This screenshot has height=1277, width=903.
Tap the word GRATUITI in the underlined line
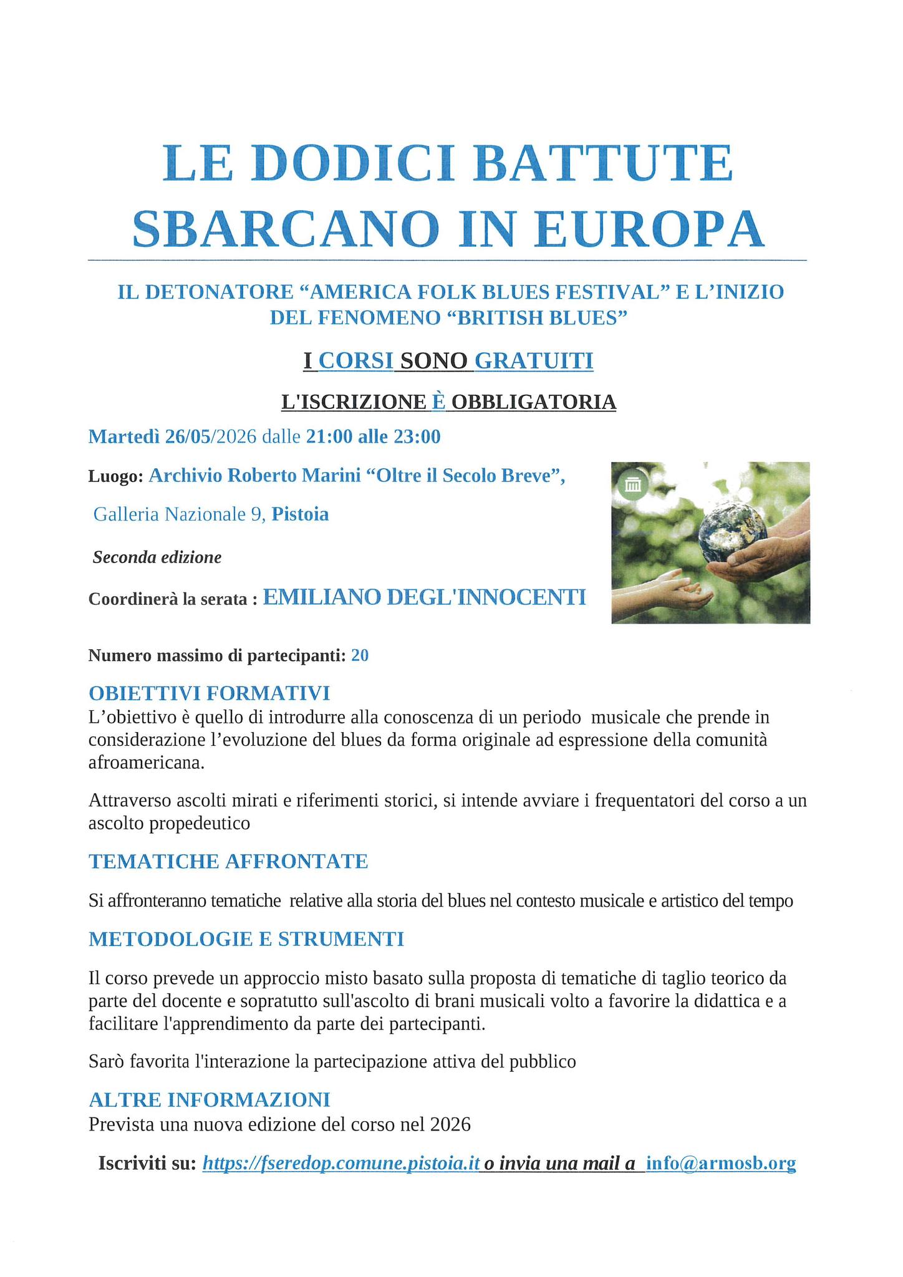click(x=534, y=361)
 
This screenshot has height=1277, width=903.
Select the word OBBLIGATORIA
click(x=534, y=402)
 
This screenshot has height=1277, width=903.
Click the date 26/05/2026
click(x=211, y=436)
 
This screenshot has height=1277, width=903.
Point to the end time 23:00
click(x=417, y=436)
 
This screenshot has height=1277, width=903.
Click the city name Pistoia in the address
click(x=300, y=514)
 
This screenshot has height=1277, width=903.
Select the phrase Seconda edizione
click(x=157, y=557)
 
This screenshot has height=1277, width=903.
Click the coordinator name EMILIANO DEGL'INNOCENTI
click(x=425, y=597)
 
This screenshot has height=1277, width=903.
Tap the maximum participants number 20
click(x=360, y=655)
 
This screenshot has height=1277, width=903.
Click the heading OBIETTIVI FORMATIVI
click(x=209, y=693)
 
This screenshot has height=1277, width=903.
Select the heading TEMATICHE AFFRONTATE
click(x=228, y=861)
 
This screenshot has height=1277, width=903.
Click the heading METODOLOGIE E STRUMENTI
click(x=246, y=939)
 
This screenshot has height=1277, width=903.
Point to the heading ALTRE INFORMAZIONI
click(x=209, y=1099)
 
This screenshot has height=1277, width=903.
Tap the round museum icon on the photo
click(x=633, y=484)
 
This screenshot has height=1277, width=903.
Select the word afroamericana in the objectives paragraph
click(x=147, y=763)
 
